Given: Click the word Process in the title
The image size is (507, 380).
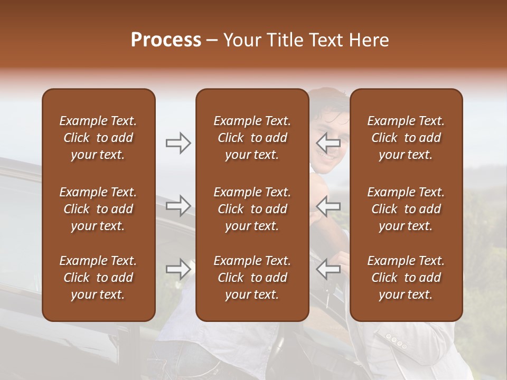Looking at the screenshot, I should coord(166,40).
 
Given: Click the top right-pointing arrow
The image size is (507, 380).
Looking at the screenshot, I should coord(178,142).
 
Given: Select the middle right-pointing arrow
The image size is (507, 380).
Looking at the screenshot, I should coord(178,205).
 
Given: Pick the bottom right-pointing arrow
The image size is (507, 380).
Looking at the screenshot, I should coord(178,269).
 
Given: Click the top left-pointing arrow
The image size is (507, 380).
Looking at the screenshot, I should coord(328,142).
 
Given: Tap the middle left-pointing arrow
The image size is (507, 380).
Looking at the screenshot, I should coord(328,205).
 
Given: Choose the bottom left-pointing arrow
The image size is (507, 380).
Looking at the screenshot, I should coord(328,269).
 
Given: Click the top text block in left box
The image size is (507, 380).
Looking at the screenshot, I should coord(98,138).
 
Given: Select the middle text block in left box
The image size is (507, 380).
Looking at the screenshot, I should coord(98,209).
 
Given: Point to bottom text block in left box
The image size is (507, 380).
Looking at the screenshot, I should coord(98,278).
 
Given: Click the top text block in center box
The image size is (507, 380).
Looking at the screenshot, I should coord(252,138).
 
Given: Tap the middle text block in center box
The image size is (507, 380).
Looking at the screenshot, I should coord(252,209).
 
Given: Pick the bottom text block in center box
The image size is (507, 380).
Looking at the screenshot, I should coord(252,278).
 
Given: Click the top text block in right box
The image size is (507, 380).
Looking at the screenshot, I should coord(406,138).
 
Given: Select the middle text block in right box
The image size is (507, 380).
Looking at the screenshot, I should coord(406,209).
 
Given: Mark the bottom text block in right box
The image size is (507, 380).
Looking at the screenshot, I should coord(406,278).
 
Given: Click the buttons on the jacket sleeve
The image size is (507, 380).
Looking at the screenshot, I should coord(396,341).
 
